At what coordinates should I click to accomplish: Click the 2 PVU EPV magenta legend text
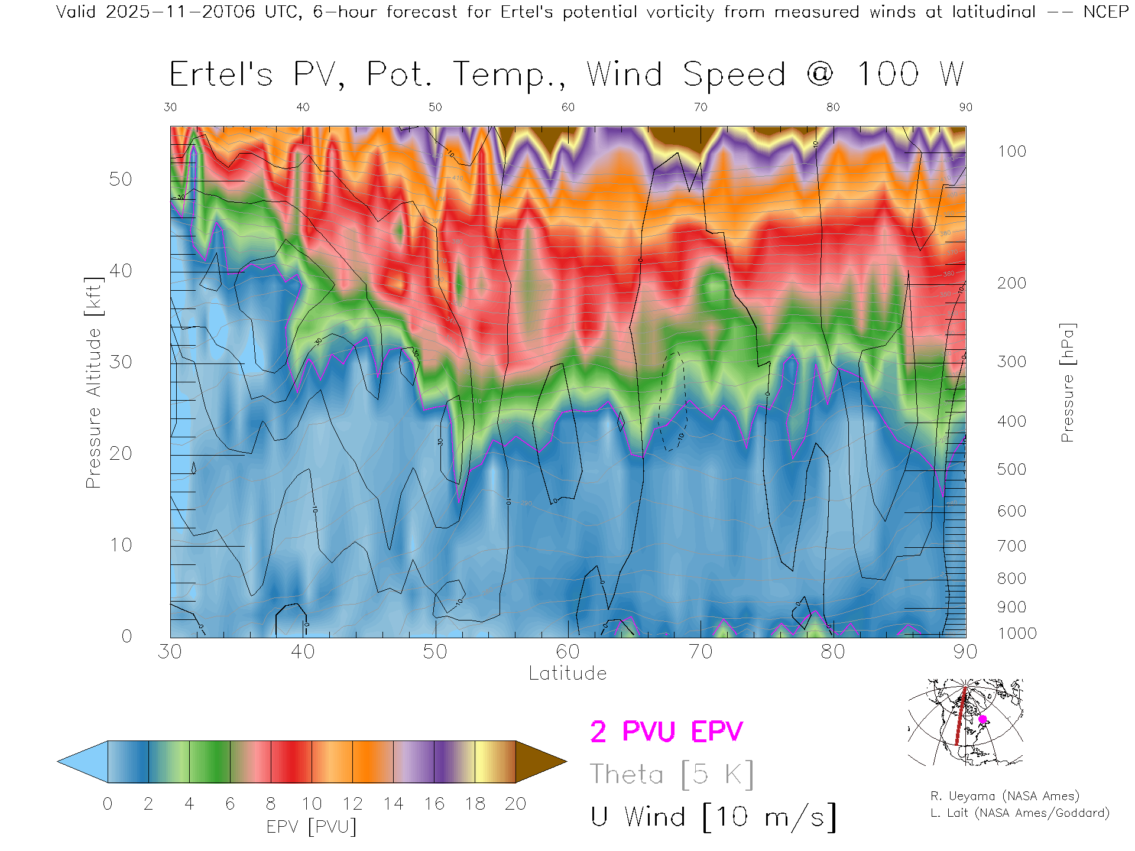coord(666,732)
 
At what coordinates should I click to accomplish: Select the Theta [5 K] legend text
coord(672,774)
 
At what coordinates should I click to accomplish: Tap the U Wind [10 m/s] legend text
coord(713,817)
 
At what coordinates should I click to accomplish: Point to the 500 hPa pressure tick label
coord(1011,469)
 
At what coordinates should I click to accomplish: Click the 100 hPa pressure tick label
coord(1011,151)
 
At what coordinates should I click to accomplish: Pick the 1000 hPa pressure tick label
coord(1017,634)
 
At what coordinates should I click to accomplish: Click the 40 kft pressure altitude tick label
coord(120,271)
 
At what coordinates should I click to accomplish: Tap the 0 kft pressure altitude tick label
coord(127,636)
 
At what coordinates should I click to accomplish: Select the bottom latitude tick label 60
coord(567,651)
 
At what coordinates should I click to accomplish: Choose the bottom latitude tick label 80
coord(832,651)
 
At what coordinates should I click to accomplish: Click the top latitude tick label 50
coord(435,107)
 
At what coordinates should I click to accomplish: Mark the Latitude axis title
coord(567,673)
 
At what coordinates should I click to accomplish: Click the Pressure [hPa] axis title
coord(1067,382)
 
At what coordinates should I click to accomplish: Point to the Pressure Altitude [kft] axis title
coord(93,382)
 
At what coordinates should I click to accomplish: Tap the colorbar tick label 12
coord(352,804)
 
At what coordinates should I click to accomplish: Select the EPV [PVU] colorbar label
coord(312,827)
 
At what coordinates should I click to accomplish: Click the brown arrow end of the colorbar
coord(539,762)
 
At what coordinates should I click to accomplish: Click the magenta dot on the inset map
coord(982,719)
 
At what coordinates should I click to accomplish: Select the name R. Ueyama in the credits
coord(955,796)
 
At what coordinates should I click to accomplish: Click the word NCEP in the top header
coord(1105,12)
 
